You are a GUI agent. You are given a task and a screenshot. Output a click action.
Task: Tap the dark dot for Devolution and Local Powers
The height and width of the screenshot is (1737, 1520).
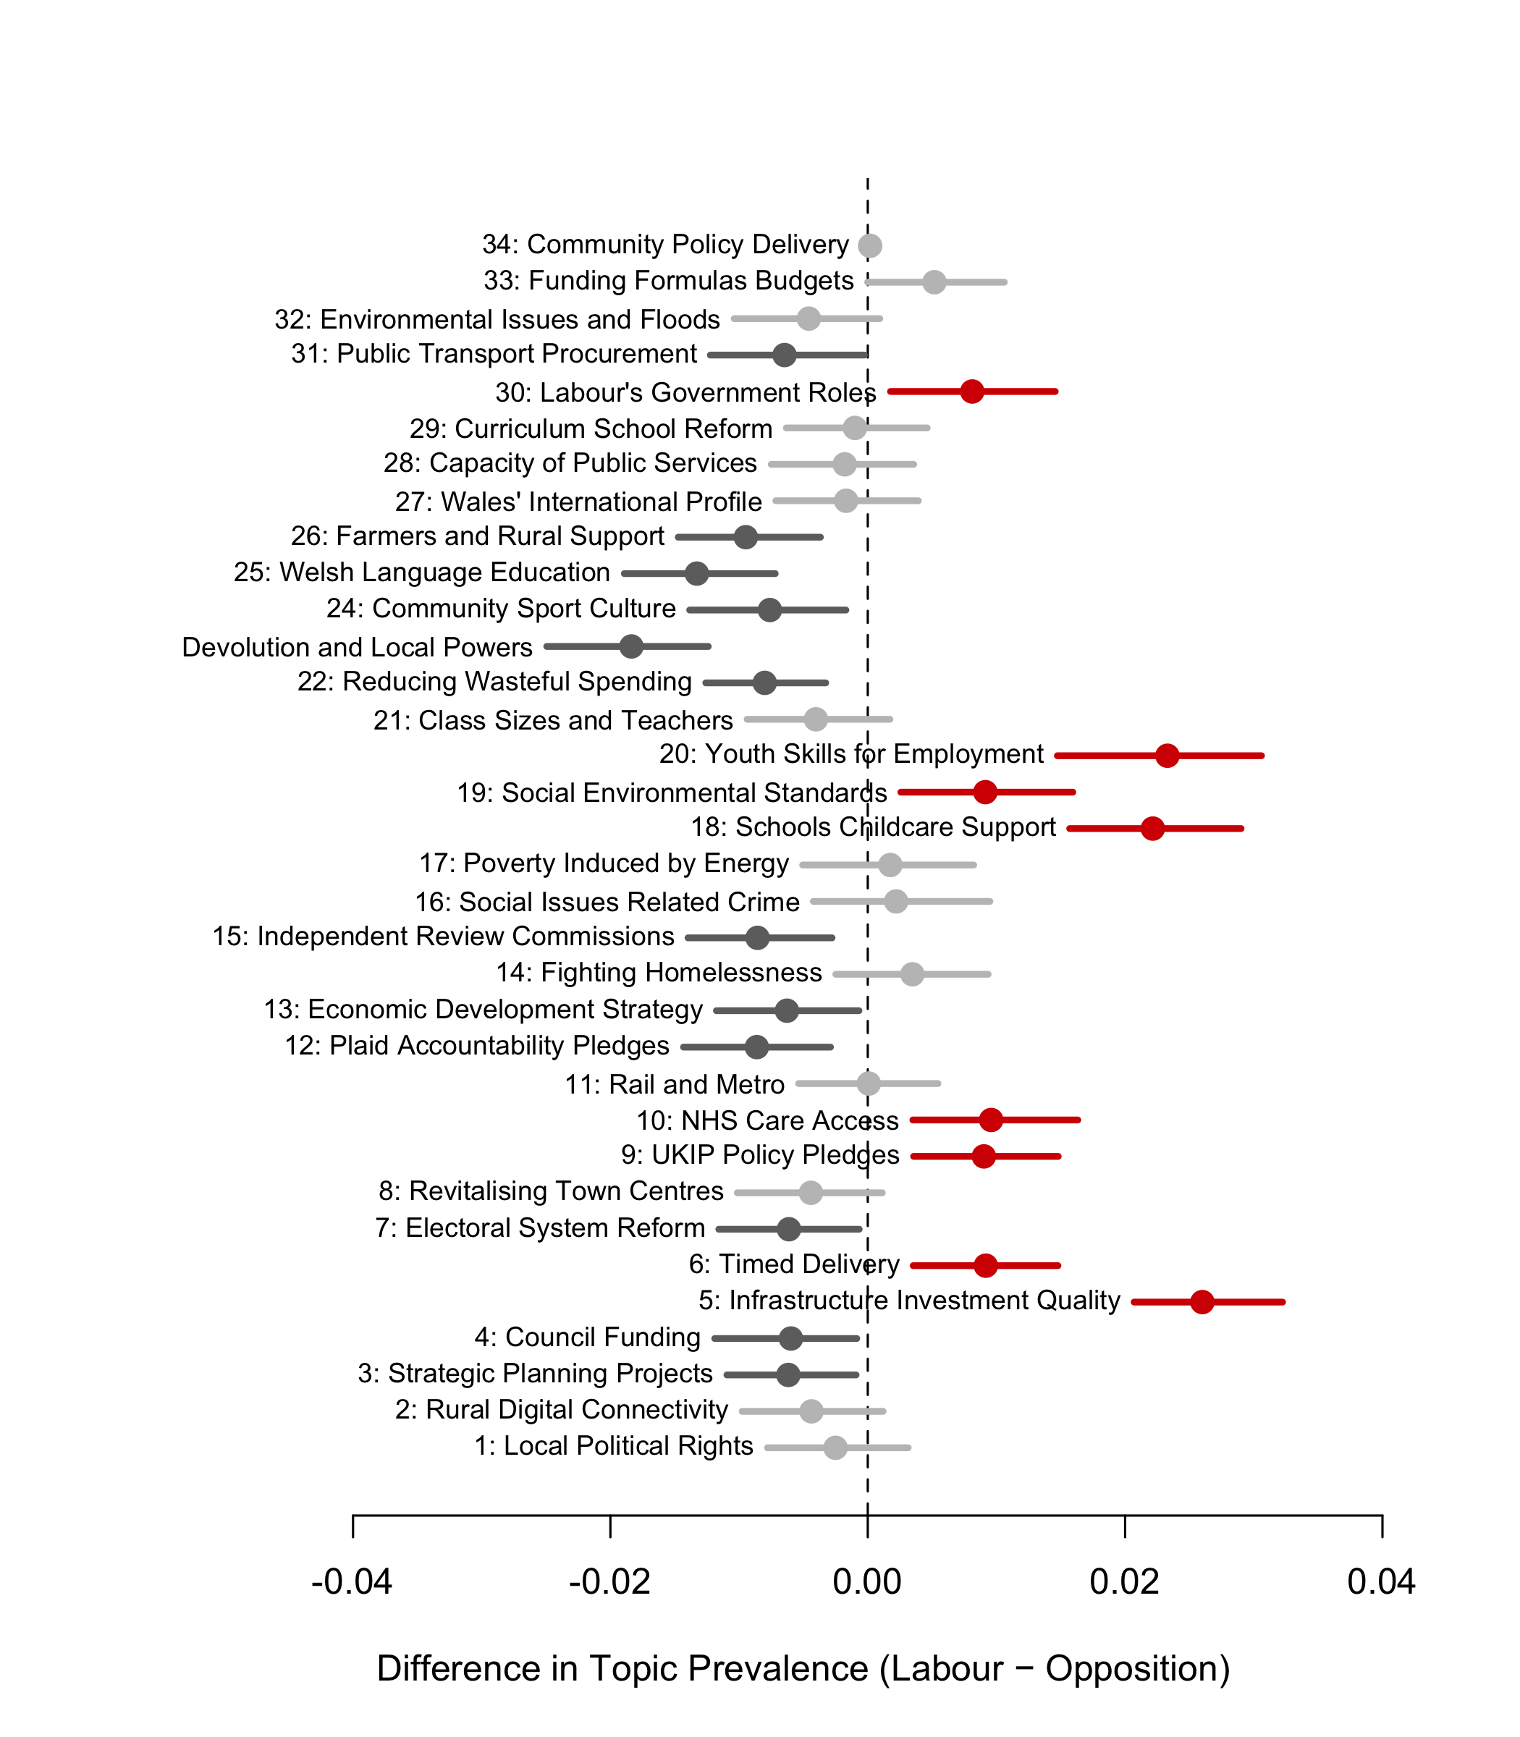[x=631, y=646]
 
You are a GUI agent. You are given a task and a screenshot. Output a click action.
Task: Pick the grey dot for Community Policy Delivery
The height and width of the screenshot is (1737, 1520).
[x=869, y=245]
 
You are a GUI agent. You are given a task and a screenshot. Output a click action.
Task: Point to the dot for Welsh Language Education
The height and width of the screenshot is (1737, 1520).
[x=696, y=573]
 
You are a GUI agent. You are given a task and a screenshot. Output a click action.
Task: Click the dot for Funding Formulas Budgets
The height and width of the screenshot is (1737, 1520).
[x=934, y=282]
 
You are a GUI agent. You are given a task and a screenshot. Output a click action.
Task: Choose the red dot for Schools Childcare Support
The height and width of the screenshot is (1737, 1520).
[x=1153, y=829]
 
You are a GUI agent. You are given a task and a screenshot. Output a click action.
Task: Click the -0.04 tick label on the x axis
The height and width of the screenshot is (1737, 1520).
[x=352, y=1583]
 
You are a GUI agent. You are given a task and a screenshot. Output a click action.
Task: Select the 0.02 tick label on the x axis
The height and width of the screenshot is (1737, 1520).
[x=1125, y=1583]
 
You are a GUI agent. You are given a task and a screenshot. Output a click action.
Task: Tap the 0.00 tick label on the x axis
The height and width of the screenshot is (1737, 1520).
[x=867, y=1583]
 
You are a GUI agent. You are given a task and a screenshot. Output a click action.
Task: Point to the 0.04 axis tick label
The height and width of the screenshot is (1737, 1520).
[x=1382, y=1583]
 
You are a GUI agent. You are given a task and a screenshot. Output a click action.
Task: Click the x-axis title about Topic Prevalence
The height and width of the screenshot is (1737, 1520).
[x=803, y=1668]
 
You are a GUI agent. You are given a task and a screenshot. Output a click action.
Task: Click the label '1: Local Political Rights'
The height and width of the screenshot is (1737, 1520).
[x=613, y=1446]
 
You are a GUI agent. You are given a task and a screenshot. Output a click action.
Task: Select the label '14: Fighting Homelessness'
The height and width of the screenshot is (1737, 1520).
[x=659, y=973]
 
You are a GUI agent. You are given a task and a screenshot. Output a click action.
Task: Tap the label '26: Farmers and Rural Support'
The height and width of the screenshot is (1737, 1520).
[x=478, y=537]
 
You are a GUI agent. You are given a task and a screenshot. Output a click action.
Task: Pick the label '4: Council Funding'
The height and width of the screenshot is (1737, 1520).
[x=588, y=1337]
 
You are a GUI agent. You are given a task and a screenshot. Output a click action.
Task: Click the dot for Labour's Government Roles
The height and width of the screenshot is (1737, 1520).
[x=972, y=391]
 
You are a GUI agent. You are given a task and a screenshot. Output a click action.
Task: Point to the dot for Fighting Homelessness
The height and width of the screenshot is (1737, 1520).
[x=912, y=973]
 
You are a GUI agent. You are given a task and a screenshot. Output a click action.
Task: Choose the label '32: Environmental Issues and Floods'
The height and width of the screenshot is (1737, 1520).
[x=497, y=320]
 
